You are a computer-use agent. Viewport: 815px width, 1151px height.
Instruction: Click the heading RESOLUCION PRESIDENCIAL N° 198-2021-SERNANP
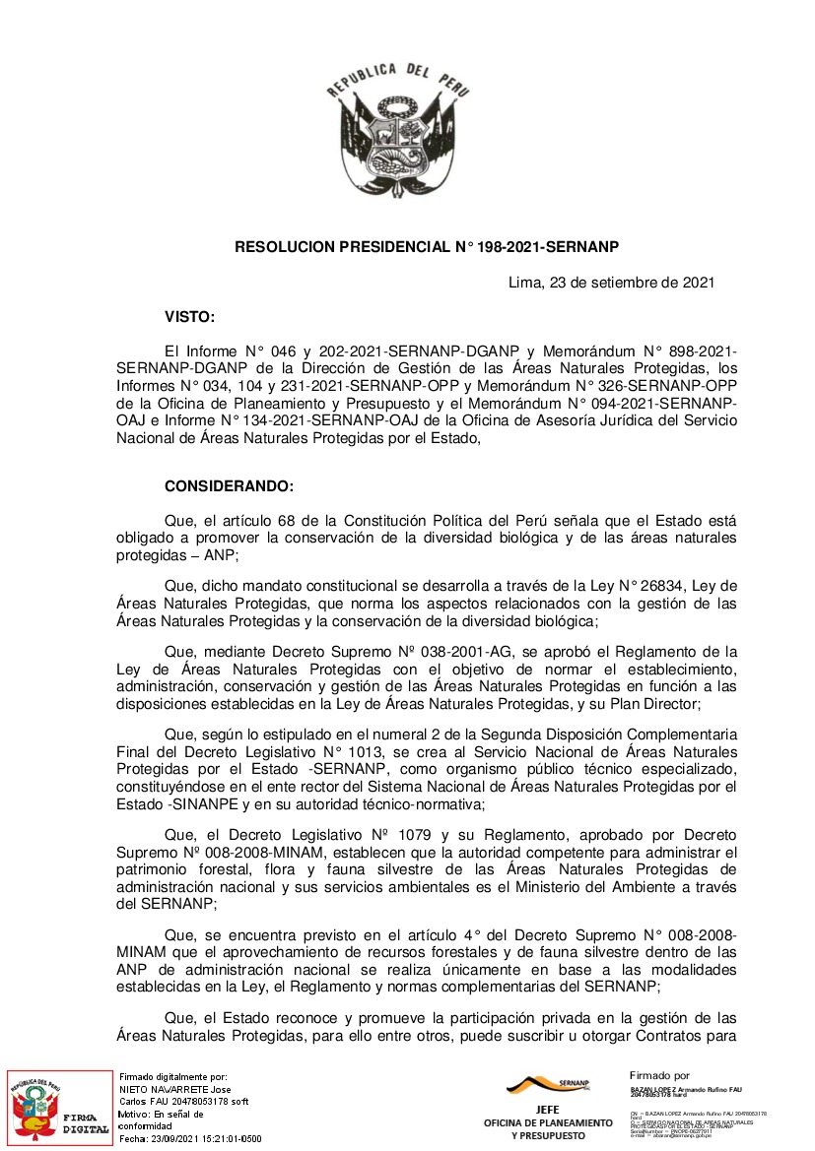coord(427,247)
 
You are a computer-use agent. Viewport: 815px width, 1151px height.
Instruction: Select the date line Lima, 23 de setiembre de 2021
coord(611,284)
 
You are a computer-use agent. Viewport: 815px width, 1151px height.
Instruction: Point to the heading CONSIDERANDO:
coord(229,486)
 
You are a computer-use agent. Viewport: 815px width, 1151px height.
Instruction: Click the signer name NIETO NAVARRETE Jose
coord(175,1090)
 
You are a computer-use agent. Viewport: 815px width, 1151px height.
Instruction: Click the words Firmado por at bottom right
coord(659,1075)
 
